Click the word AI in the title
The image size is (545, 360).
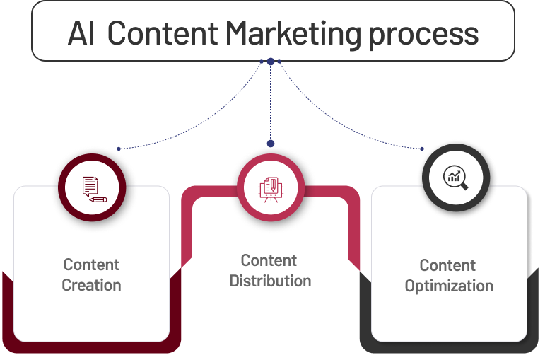tap(82, 33)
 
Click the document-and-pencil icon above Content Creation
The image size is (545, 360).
tap(92, 187)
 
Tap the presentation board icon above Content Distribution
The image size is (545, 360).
tap(271, 188)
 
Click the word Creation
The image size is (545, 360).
tap(91, 286)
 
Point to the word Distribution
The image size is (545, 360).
tap(270, 281)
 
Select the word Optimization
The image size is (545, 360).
tap(449, 286)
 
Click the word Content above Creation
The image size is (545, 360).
tap(91, 265)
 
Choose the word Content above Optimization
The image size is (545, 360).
tap(447, 266)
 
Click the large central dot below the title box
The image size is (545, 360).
tap(271, 62)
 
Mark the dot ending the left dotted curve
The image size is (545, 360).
tap(119, 149)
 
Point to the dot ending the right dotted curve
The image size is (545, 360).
tap(422, 149)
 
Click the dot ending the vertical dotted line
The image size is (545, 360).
tap(271, 143)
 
